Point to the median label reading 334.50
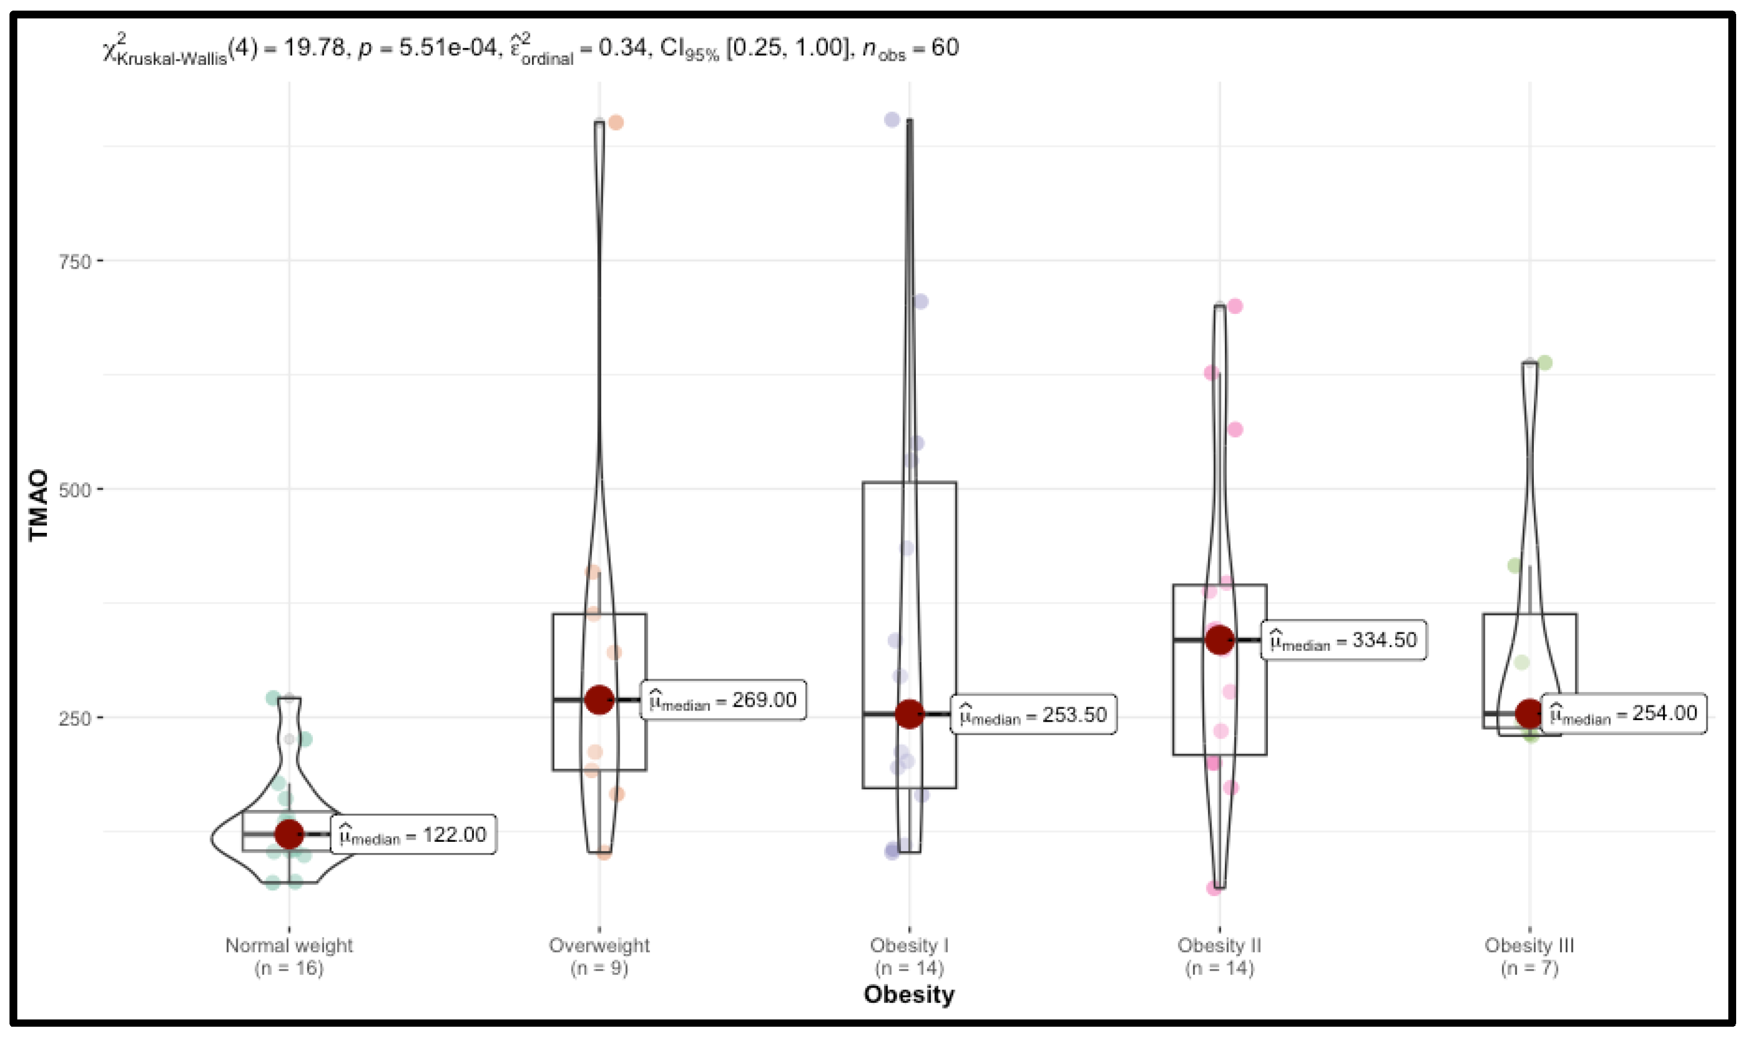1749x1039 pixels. point(1344,640)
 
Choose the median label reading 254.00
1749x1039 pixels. point(1624,713)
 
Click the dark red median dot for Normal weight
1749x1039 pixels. point(289,834)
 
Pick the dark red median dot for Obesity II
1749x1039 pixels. point(1220,640)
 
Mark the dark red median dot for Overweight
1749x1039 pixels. point(600,699)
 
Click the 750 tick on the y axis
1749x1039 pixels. point(75,262)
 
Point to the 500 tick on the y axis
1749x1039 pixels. point(75,489)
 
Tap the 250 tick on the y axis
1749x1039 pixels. point(75,718)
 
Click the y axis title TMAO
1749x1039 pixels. point(39,504)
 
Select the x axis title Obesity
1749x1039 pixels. point(909,995)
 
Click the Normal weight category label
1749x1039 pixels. point(289,946)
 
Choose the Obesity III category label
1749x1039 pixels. point(1529,946)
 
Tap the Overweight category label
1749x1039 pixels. point(600,946)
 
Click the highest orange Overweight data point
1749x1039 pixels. point(615,122)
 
